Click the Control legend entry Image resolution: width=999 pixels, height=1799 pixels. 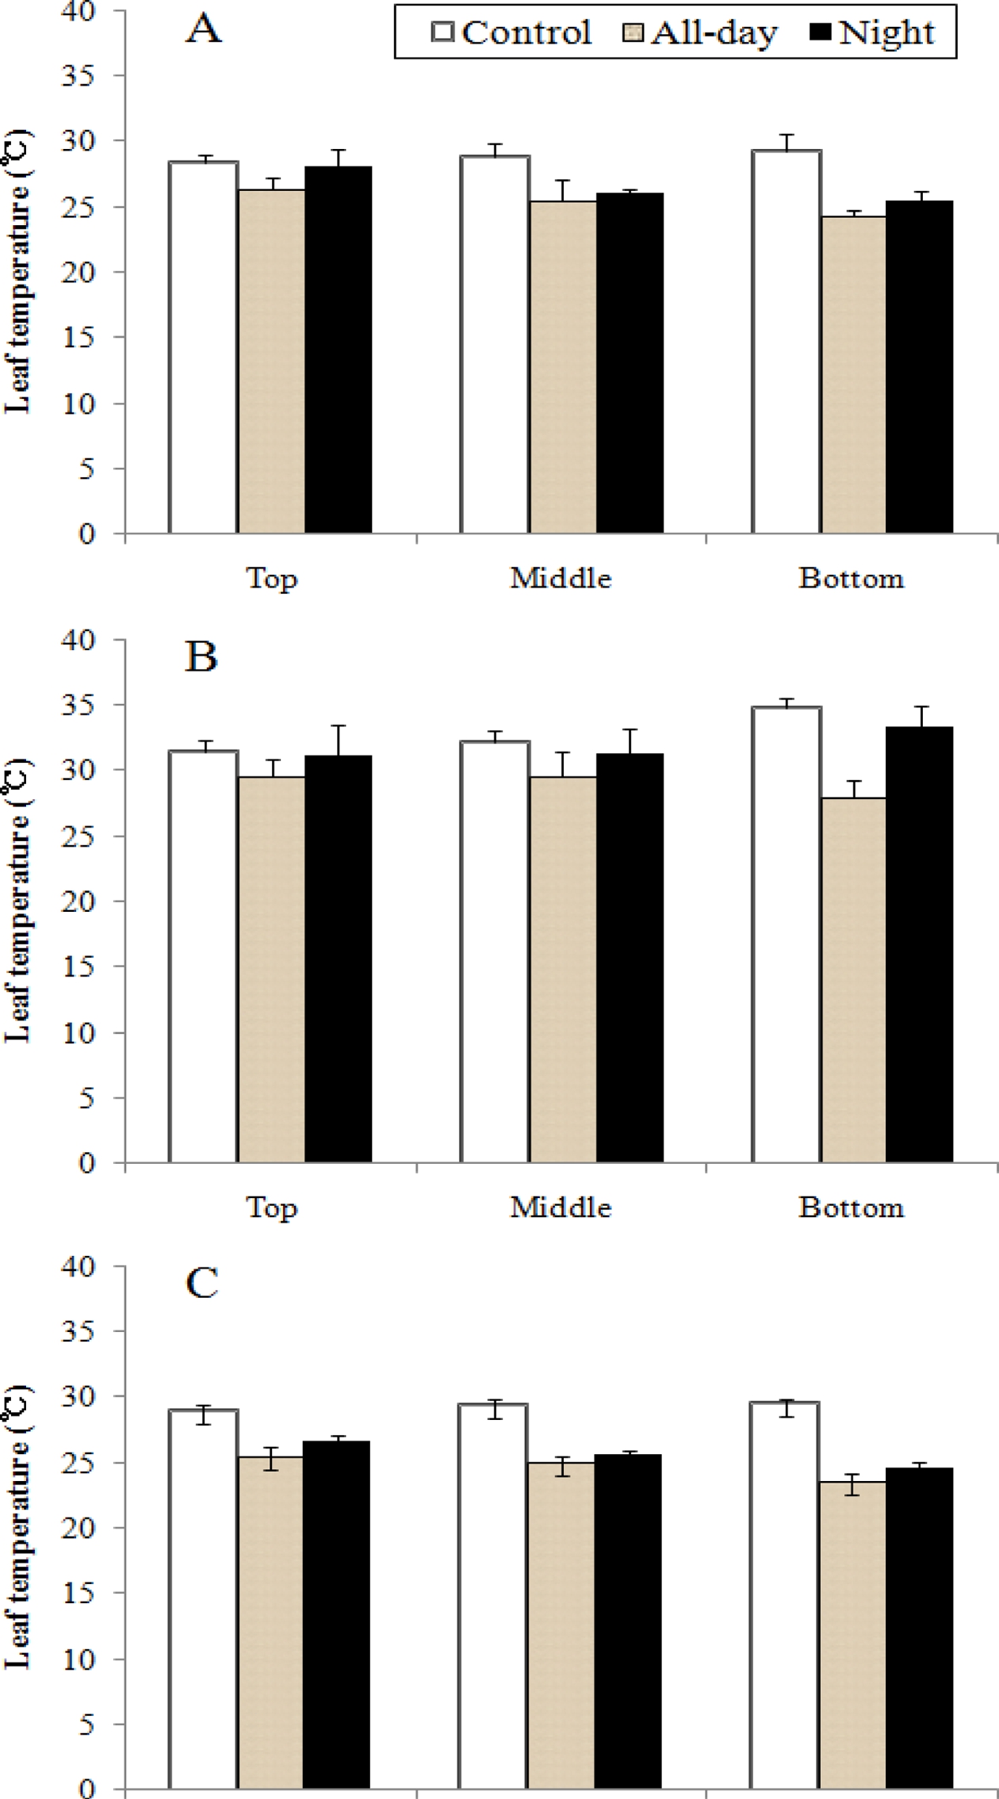511,33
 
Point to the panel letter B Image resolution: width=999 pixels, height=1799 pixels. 201,657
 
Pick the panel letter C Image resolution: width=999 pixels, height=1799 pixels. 202,1284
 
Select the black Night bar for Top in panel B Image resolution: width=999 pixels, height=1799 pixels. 339,959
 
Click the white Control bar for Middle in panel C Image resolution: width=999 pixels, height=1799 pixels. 494,1602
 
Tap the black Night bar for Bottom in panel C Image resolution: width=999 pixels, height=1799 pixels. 920,1633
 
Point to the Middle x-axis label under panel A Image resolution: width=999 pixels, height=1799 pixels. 561,578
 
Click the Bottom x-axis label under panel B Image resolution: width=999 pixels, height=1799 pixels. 851,1207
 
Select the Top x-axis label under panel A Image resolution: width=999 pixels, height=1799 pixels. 272,578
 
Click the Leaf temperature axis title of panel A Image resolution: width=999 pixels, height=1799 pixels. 19,271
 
